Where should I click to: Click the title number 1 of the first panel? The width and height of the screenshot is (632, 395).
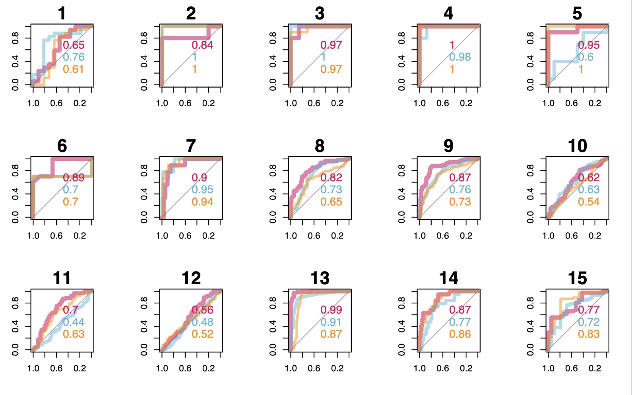click(x=62, y=14)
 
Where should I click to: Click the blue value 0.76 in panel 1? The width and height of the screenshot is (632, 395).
click(x=74, y=57)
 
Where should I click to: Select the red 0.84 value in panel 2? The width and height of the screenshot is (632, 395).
click(x=202, y=45)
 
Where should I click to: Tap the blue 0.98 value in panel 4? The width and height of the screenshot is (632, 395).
click(x=460, y=57)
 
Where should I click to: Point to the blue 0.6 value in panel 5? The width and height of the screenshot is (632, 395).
click(x=585, y=57)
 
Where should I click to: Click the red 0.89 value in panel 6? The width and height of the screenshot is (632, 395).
click(x=74, y=178)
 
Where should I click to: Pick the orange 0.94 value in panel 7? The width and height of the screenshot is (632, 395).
click(x=202, y=202)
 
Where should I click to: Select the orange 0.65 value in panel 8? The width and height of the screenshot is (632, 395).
click(x=331, y=202)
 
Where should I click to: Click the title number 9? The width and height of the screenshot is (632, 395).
click(x=448, y=146)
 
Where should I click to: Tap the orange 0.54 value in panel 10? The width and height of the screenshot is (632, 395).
click(x=589, y=202)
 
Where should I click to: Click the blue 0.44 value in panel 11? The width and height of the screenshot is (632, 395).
click(x=74, y=322)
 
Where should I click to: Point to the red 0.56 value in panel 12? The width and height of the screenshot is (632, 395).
click(x=202, y=310)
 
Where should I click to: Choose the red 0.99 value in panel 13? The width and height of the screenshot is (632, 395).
click(x=331, y=310)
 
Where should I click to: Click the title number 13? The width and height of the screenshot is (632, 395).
click(x=320, y=278)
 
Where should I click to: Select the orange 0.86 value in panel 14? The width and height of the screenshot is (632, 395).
click(x=460, y=334)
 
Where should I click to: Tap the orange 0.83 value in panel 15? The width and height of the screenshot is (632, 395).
click(x=589, y=334)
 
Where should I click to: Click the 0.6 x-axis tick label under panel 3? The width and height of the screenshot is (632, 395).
click(x=314, y=103)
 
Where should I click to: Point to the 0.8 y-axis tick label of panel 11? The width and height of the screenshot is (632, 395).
click(x=15, y=303)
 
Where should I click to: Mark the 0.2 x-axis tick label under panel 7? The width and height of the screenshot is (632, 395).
click(x=208, y=236)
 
